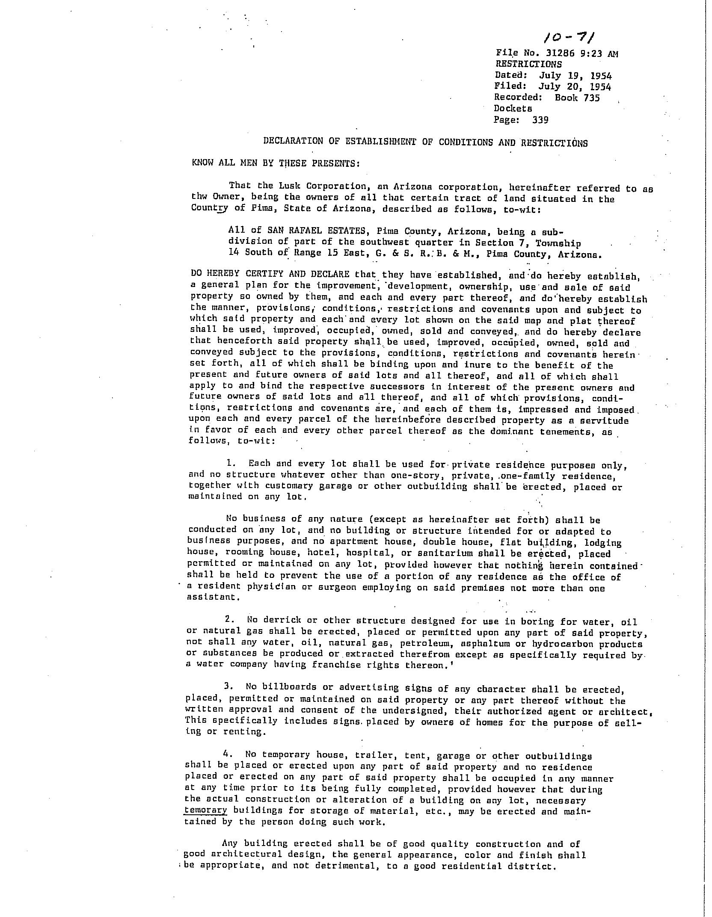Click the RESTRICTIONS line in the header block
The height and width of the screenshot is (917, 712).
[x=528, y=64]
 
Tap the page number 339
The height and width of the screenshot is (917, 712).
[x=540, y=120]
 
